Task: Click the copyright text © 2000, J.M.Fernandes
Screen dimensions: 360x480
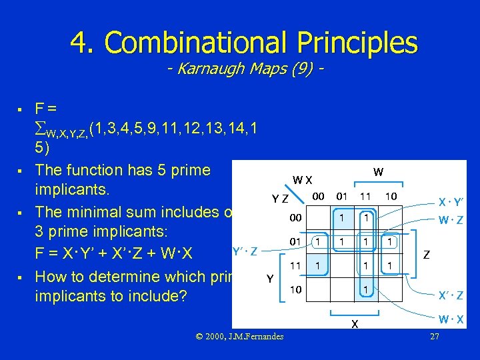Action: click(x=239, y=337)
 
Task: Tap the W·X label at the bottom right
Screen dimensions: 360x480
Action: click(x=451, y=321)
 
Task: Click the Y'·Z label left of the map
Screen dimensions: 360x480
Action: click(x=245, y=251)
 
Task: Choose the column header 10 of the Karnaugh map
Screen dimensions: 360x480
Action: click(x=391, y=196)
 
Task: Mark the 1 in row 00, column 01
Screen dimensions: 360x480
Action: click(x=342, y=217)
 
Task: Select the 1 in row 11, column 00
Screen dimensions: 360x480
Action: click(x=318, y=265)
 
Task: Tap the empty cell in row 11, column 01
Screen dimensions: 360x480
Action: click(x=342, y=265)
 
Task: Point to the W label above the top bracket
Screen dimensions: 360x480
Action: click(x=378, y=172)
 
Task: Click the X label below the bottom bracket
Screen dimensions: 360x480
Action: click(x=354, y=325)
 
